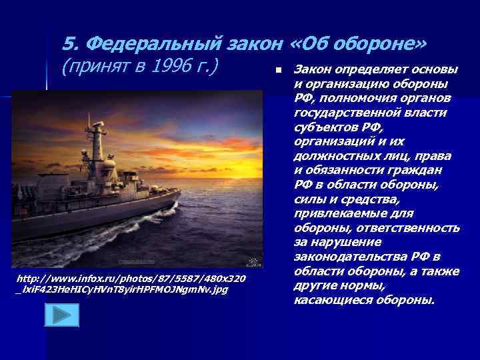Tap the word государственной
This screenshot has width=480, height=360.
342,113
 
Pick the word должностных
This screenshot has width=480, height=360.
332,156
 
